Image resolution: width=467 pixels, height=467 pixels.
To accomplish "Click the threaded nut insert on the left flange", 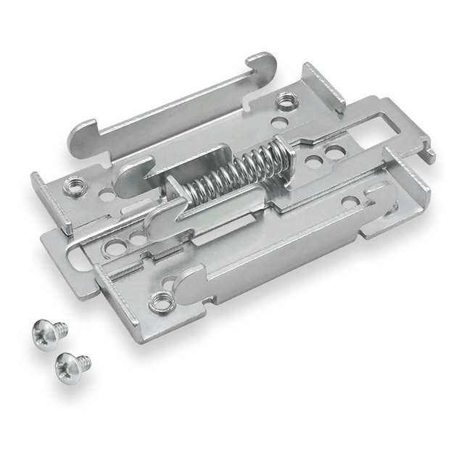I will [74, 185].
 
